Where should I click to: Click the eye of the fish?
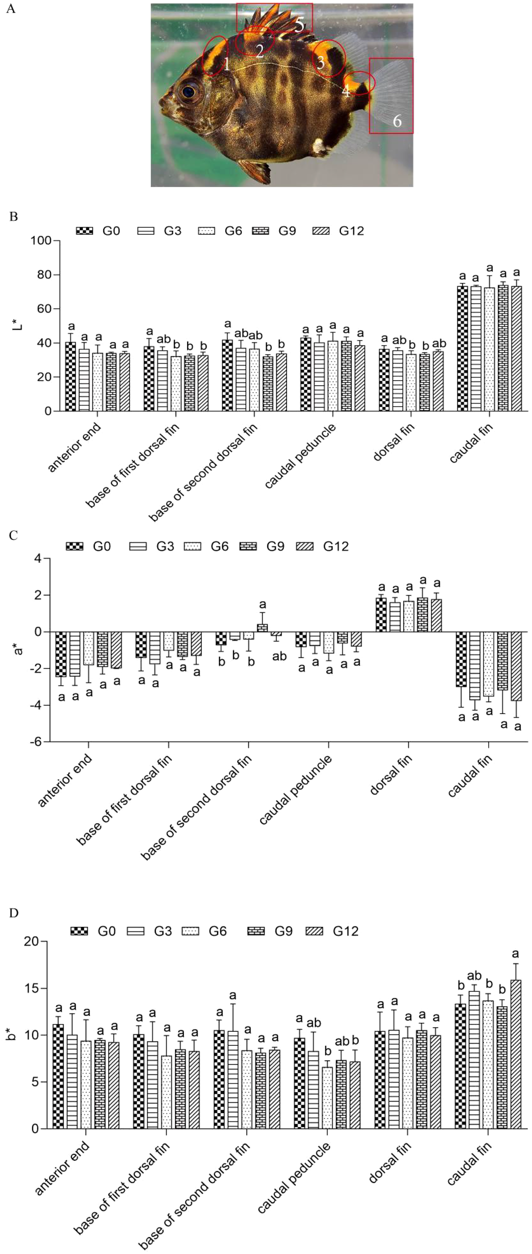[x=189, y=92]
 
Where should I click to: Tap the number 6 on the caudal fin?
[x=397, y=121]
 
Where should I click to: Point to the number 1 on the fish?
[x=226, y=64]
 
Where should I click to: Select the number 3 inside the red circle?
[x=321, y=63]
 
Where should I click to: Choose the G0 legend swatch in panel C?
[x=76, y=546]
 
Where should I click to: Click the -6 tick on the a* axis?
[x=39, y=741]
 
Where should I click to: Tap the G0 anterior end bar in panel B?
[x=71, y=376]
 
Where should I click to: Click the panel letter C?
[x=13, y=536]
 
